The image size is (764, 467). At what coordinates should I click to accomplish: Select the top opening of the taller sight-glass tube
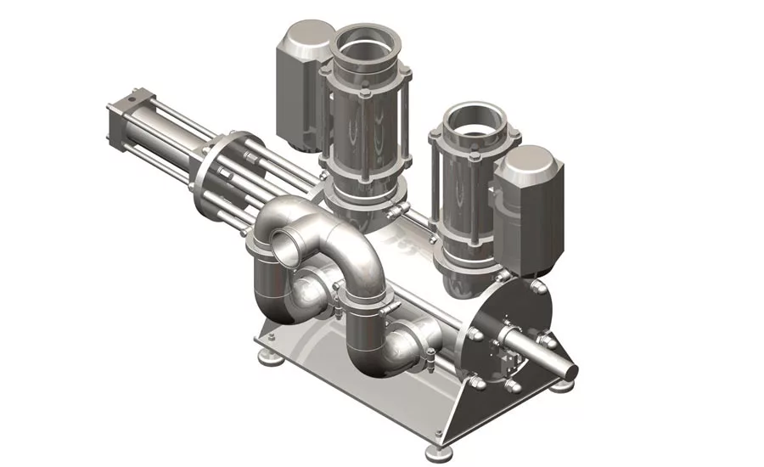[x=362, y=53]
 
